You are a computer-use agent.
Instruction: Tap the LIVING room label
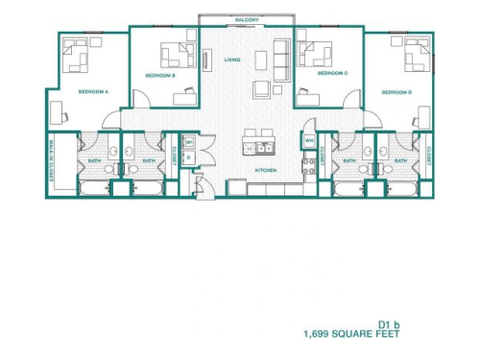coord(231,60)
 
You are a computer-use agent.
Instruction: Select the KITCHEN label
coord(266,170)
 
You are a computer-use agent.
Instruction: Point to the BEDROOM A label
coord(93,92)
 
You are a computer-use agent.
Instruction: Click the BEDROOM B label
coord(159,74)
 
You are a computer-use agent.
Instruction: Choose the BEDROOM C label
coord(331,73)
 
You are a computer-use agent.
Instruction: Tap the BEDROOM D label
coord(396,92)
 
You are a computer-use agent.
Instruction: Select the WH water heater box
coord(309,141)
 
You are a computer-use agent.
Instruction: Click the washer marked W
coord(189,143)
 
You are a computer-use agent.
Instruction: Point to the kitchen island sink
coord(260,148)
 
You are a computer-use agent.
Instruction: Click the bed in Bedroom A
coord(77,59)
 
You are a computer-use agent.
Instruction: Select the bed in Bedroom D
coord(417,59)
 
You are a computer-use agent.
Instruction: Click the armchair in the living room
coord(261,89)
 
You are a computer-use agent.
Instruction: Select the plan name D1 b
coord(387,324)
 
